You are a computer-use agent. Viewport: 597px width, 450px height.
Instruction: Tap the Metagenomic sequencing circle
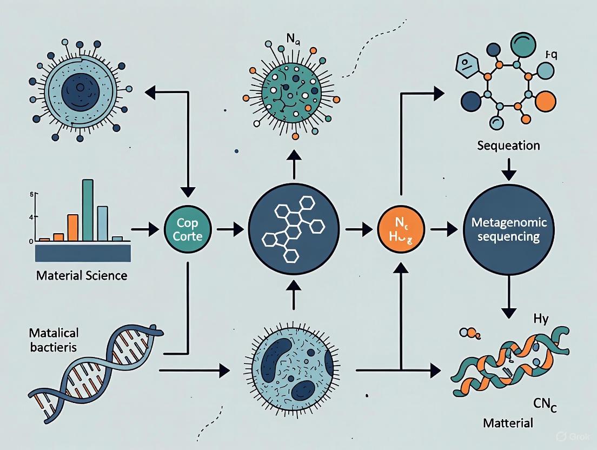click(510, 229)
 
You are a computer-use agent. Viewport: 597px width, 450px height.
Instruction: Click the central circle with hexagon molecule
click(293, 229)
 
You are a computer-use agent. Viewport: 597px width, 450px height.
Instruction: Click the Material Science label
click(82, 275)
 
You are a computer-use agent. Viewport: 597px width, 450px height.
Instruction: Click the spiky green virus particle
click(293, 91)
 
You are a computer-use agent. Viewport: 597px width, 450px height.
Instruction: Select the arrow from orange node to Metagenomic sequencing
click(443, 229)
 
